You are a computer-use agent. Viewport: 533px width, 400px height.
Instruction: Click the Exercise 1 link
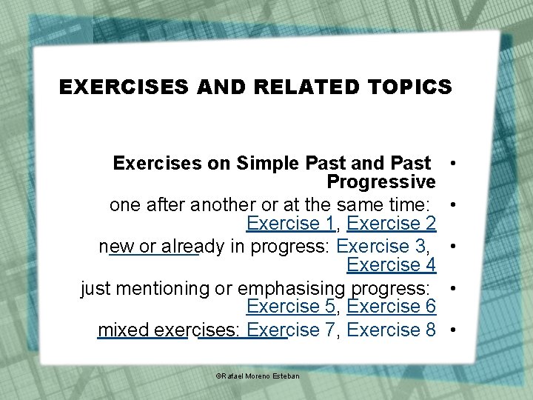(x=291, y=223)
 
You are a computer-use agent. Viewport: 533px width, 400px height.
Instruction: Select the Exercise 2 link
(x=390, y=223)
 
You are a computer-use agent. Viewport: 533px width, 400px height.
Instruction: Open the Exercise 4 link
(x=390, y=264)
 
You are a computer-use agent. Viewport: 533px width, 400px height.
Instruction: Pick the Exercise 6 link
(x=390, y=306)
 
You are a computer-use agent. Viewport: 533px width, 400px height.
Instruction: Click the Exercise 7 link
(x=291, y=330)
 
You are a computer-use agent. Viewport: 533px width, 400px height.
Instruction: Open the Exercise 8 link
(x=390, y=330)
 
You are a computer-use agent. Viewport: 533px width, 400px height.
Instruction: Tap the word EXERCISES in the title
(x=124, y=87)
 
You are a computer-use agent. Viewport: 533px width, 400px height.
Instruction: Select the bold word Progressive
(x=381, y=181)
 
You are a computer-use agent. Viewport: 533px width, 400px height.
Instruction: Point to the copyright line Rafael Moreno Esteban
(x=258, y=376)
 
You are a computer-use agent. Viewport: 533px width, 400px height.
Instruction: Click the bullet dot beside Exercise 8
(x=450, y=329)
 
